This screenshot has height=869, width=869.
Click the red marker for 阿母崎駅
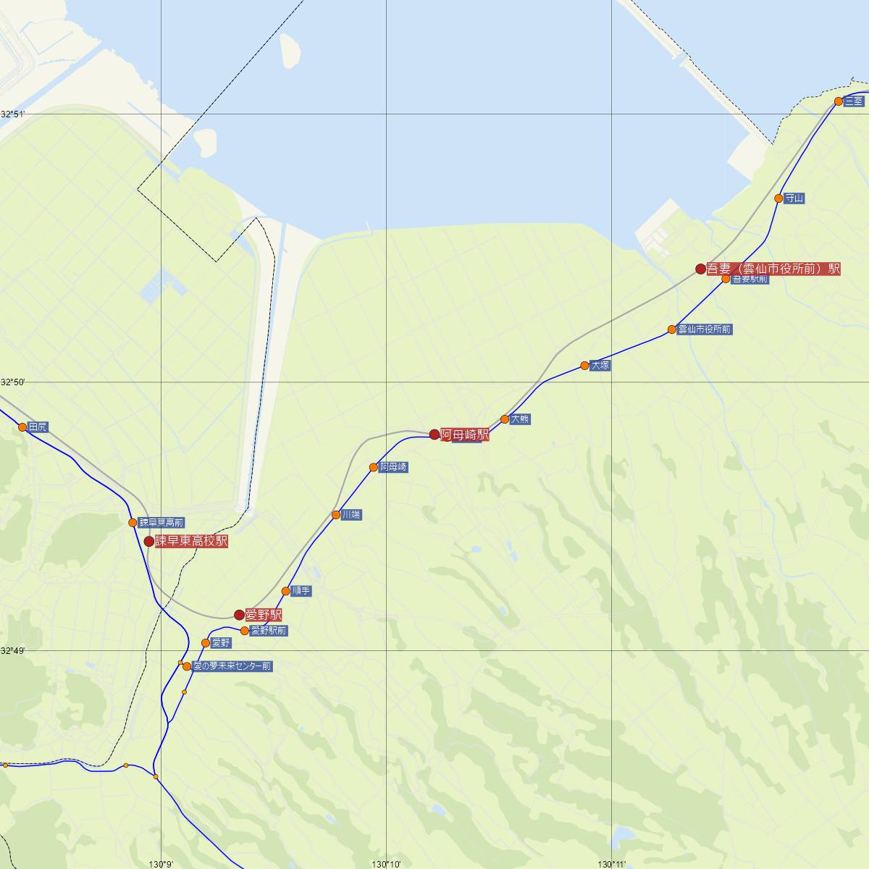434,434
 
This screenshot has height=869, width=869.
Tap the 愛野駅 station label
264,615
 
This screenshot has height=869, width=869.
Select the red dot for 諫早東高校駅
148,541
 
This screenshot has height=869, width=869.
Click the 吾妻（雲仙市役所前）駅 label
773,269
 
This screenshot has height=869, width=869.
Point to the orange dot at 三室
839,101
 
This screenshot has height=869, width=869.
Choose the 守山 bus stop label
794,198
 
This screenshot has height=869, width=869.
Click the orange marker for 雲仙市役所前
672,329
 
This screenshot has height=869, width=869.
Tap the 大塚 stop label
600,366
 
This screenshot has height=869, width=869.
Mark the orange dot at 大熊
505,419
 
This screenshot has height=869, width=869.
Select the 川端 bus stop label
352,515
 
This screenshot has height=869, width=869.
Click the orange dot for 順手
285,591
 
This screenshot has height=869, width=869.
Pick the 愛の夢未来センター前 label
232,666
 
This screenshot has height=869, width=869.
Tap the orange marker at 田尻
22,427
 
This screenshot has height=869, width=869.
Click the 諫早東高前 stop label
161,523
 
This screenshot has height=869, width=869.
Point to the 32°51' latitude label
13,114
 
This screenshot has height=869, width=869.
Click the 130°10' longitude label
386,864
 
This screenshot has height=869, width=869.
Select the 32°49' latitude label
13,651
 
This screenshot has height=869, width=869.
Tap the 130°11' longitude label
612,864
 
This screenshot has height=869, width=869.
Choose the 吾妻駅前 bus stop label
750,279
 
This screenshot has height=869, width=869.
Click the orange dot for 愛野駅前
245,631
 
